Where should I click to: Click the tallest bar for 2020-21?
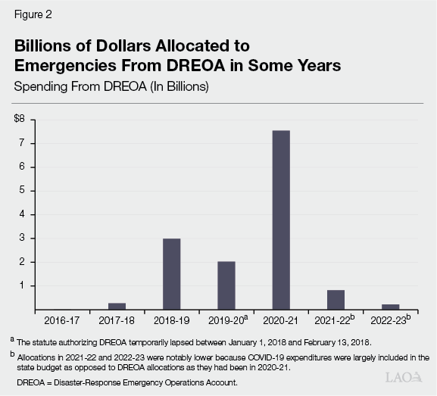point(280,220)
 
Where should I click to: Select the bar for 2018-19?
point(172,273)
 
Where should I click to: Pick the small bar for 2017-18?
point(117,306)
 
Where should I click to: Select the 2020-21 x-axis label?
point(280,320)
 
